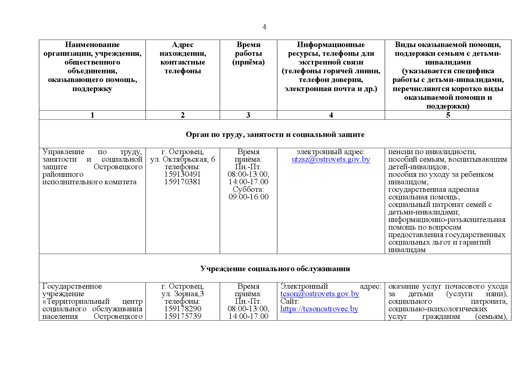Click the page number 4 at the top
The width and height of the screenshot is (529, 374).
pos(264,27)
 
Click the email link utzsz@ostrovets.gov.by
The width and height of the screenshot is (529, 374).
pos(331,160)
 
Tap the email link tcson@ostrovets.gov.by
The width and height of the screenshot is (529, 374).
pos(320,294)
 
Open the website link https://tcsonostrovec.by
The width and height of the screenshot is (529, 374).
pos(319,309)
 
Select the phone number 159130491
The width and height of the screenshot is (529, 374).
pos(182,174)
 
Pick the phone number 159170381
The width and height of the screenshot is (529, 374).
pos(182,182)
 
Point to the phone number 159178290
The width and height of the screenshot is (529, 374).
pos(182,309)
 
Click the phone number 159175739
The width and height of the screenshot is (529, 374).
pos(182,316)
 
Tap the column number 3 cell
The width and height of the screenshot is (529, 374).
pos(248,115)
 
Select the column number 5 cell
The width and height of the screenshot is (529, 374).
pos(448,115)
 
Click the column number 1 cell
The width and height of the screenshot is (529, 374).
pos(92,115)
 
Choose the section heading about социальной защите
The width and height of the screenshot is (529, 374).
pos(275,135)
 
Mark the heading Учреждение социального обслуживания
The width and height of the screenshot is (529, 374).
pos(275,269)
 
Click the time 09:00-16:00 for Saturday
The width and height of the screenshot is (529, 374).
pos(249,197)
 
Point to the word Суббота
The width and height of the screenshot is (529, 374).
pos(248,189)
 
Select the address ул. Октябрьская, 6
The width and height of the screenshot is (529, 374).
pos(183,160)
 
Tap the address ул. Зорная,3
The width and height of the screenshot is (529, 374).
pos(182,294)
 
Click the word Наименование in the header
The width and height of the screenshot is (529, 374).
pos(92,45)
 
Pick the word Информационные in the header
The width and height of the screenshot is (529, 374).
pos(331,45)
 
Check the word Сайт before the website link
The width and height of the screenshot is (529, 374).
pos(290,301)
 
